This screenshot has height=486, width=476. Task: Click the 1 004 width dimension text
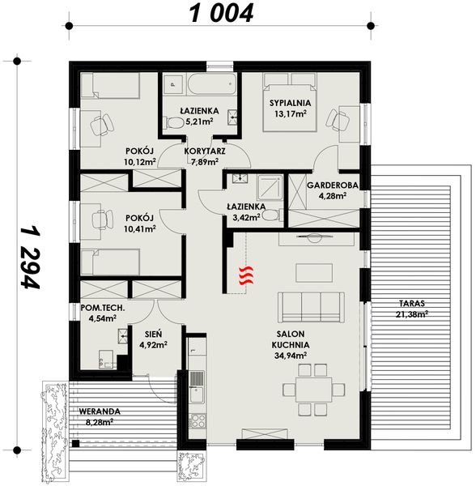point(221,13)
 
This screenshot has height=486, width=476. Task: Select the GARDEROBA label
point(326,185)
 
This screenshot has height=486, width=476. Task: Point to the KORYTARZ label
point(205,151)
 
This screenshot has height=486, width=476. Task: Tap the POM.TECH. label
point(100,307)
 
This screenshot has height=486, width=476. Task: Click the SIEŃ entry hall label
point(152,334)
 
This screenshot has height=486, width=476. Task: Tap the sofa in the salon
point(310,307)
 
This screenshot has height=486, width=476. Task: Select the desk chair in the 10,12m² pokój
point(100,125)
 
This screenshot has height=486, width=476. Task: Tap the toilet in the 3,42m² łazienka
point(270,215)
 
